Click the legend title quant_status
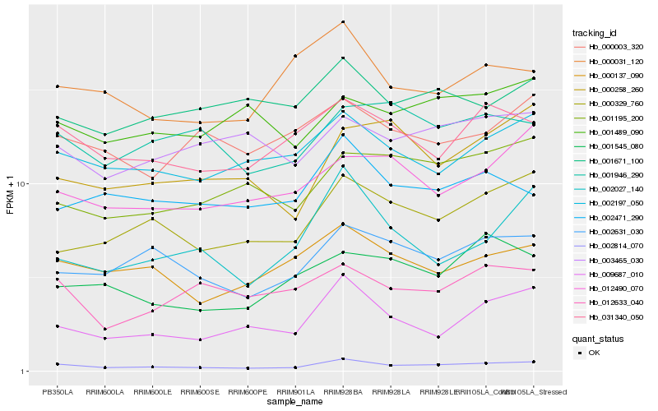click(x=598, y=338)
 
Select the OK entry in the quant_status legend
click(x=594, y=353)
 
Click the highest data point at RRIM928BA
click(x=343, y=21)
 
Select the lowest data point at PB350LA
click(x=58, y=364)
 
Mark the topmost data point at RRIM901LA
click(x=295, y=56)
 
